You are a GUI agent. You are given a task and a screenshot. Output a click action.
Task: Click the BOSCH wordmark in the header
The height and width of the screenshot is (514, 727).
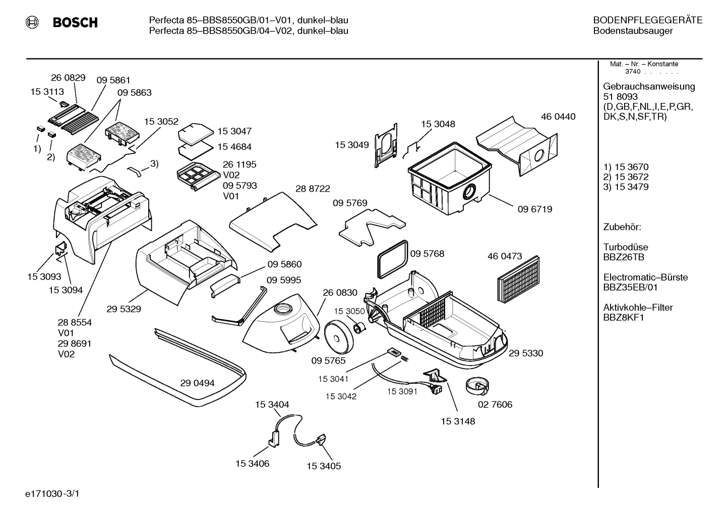click(x=75, y=22)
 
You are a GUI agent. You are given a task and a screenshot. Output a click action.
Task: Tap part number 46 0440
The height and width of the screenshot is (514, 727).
click(x=558, y=117)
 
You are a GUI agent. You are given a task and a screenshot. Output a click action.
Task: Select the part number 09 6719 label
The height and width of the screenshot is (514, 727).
click(x=535, y=209)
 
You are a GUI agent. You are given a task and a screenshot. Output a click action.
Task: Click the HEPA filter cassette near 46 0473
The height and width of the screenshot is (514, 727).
click(x=518, y=279)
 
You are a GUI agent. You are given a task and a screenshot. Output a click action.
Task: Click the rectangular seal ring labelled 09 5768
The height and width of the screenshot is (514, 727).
click(x=392, y=259)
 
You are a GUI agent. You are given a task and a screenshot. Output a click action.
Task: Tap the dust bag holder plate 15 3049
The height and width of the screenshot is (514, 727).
click(x=386, y=146)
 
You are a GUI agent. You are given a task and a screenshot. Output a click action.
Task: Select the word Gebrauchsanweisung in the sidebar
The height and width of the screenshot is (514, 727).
click(x=649, y=87)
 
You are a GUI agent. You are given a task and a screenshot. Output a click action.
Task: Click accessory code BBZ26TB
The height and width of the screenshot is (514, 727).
click(x=624, y=257)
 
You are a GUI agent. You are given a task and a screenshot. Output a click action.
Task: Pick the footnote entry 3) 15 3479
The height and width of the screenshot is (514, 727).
click(x=626, y=187)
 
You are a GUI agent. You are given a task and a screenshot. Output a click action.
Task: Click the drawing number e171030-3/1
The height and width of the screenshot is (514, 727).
click(x=52, y=493)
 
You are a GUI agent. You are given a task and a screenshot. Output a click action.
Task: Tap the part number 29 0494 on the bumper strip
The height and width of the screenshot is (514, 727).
click(x=197, y=383)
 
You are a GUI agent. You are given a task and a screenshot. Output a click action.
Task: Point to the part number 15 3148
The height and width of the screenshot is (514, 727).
click(x=458, y=422)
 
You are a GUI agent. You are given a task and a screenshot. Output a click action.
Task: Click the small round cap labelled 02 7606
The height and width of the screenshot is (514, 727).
click(x=477, y=386)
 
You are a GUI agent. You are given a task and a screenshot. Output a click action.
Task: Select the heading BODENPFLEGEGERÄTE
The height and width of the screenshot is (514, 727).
click(x=648, y=20)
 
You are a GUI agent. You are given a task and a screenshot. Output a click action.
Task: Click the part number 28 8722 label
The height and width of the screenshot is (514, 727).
click(x=313, y=189)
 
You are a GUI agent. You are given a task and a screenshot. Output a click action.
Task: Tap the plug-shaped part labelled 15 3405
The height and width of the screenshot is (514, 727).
click(x=321, y=439)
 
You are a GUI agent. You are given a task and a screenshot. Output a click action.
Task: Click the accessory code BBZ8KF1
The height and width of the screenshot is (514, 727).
click(x=624, y=318)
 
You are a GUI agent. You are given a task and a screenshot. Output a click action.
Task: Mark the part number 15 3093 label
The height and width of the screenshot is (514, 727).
click(x=44, y=276)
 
